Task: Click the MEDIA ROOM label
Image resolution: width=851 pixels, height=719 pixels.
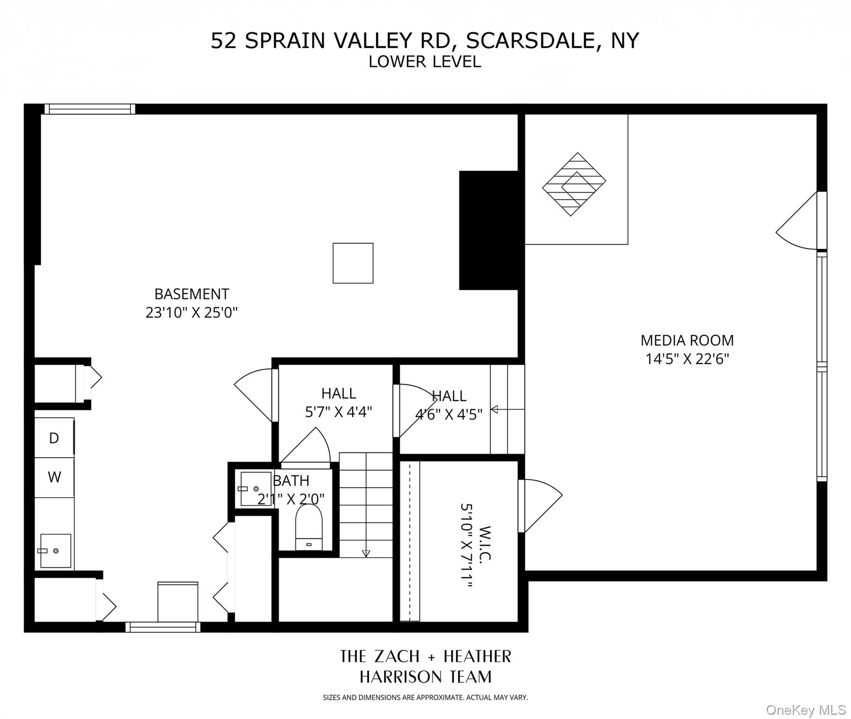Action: point(687,340)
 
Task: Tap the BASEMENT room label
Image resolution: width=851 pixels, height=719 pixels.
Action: point(191,294)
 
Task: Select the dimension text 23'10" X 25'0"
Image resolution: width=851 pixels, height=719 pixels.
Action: point(191,313)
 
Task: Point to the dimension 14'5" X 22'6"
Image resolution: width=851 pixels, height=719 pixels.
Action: point(687,359)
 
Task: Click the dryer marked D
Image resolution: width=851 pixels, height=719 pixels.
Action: point(54,438)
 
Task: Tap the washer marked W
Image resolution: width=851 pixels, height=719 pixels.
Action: point(54,477)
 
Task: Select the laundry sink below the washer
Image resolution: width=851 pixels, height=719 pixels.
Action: point(55,551)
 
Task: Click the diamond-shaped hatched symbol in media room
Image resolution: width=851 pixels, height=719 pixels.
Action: point(574,184)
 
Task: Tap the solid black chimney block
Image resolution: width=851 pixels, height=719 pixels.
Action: point(488,230)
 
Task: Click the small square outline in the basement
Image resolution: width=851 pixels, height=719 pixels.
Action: point(353,263)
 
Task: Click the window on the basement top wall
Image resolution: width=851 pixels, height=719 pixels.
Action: point(90,110)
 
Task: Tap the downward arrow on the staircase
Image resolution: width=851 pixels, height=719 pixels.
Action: point(366,553)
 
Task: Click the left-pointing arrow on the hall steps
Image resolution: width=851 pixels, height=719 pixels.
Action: point(495,410)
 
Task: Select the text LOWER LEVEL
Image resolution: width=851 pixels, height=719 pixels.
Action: point(424,62)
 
